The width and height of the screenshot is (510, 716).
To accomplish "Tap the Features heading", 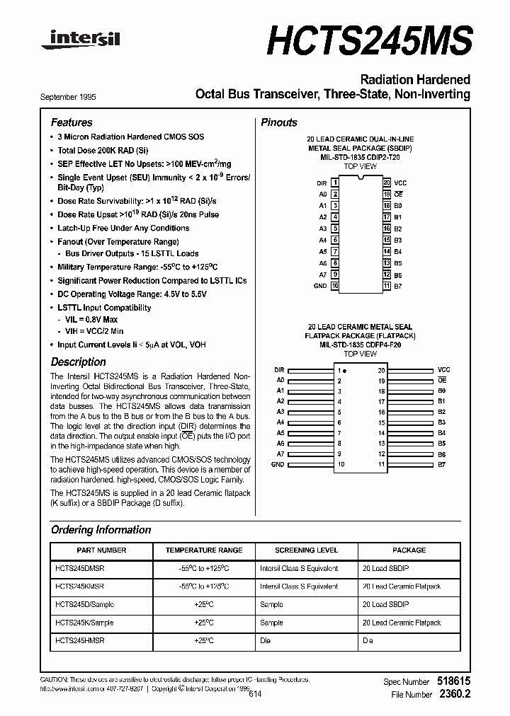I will click(72, 122).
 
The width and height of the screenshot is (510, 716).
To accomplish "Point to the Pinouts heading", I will click(279, 122).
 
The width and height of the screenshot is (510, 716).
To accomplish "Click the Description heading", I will click(79, 362).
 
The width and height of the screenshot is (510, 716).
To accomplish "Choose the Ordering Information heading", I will click(101, 530).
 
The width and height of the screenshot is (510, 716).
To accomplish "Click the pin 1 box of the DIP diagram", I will click(335, 183).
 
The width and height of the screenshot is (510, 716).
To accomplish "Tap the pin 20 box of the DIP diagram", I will click(387, 183).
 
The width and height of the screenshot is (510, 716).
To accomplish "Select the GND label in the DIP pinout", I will click(320, 286).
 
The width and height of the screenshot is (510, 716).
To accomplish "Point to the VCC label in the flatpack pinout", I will click(443, 370).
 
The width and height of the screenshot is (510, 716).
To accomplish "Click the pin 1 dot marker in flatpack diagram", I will click(345, 371).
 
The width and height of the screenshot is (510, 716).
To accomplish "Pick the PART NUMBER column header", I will click(101, 550).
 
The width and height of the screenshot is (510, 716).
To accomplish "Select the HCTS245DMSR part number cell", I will click(80, 568).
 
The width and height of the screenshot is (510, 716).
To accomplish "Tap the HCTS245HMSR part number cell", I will click(80, 641).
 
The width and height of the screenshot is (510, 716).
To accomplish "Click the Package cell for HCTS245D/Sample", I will click(385, 605).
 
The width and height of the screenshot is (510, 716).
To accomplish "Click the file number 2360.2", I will click(454, 695).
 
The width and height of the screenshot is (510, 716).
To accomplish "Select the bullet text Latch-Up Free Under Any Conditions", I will click(123, 228).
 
